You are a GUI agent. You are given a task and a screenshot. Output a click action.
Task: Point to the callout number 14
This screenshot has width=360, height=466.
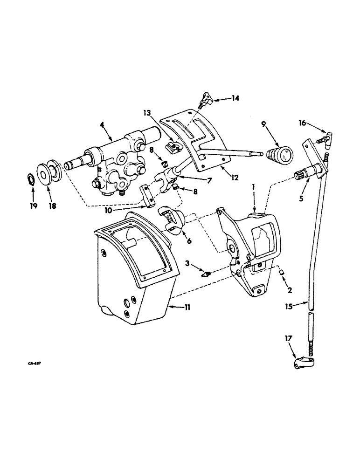coord(236,98)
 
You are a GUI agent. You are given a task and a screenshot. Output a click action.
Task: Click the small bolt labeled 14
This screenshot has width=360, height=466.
coord(206,99)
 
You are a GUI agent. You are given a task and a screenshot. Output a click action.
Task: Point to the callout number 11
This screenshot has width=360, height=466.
coord(187,307)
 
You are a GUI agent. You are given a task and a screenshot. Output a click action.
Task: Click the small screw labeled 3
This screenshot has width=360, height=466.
coord(204,273)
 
